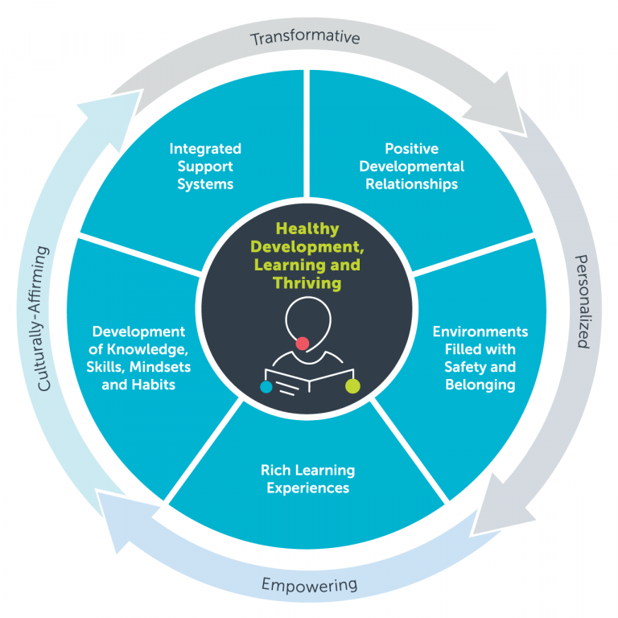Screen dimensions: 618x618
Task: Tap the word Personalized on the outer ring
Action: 582,301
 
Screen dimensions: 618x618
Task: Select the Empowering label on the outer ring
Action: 310,584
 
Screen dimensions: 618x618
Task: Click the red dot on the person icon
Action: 303,344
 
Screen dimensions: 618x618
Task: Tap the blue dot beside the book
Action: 266,387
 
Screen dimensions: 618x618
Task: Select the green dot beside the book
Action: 352,386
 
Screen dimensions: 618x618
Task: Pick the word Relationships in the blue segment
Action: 411,184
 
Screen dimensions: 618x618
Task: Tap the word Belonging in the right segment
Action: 480,385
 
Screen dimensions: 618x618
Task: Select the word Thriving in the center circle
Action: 307,283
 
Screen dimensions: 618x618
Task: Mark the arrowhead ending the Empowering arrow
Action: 109,506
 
